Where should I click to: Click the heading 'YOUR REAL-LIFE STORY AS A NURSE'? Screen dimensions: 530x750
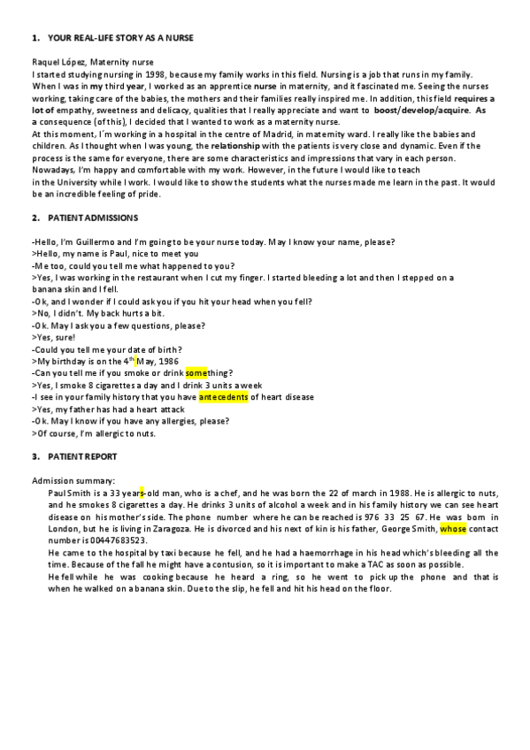pyautogui.click(x=119, y=39)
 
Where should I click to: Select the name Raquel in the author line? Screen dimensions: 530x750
pyautogui.click(x=45, y=62)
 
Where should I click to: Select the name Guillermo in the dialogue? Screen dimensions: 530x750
pyautogui.click(x=91, y=242)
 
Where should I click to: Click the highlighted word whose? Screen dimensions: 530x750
pyautogui.click(x=452, y=527)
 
